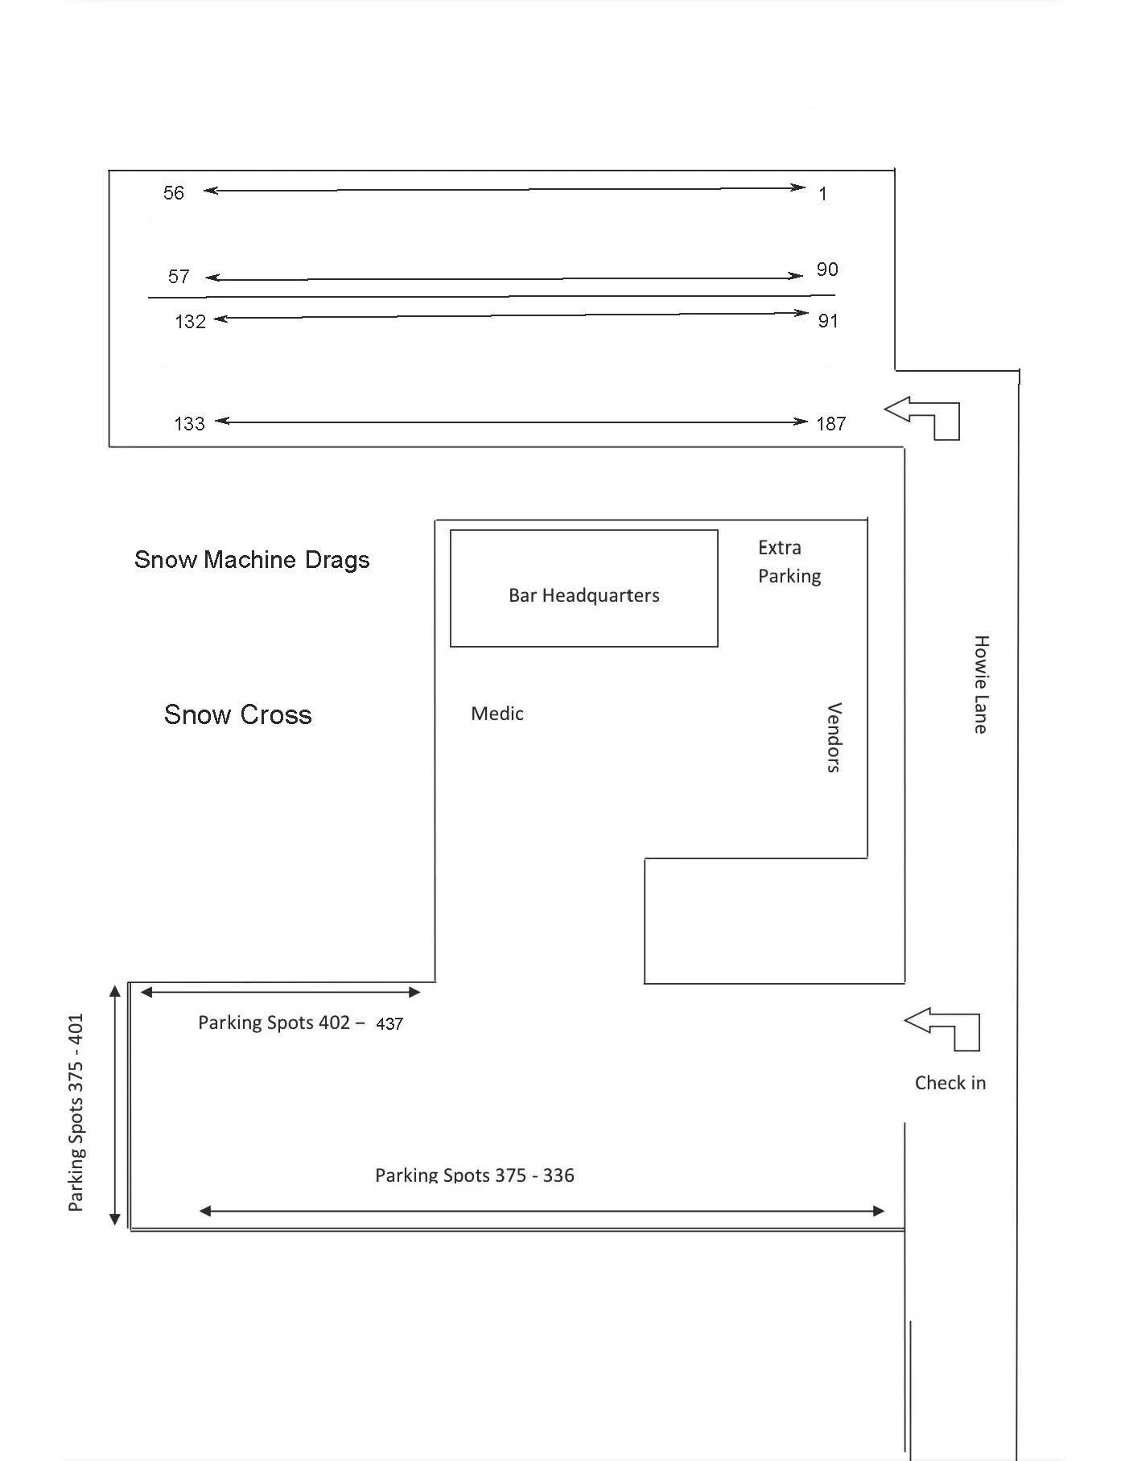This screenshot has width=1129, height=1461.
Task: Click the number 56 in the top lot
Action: click(x=174, y=193)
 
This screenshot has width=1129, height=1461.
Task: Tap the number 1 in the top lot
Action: click(x=822, y=194)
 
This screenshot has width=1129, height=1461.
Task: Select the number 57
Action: click(x=179, y=277)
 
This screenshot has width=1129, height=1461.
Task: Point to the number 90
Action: click(x=827, y=270)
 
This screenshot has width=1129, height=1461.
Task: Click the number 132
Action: click(x=191, y=322)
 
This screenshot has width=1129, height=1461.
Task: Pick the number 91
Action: click(x=828, y=321)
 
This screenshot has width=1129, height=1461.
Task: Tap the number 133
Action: click(x=190, y=424)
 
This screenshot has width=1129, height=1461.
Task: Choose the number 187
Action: click(x=830, y=424)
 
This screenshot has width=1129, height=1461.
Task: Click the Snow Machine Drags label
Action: click(x=252, y=560)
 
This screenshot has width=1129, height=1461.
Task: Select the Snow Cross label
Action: click(x=238, y=714)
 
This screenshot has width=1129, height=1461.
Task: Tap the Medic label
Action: click(x=497, y=714)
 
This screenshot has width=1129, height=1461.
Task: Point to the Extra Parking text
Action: click(x=789, y=562)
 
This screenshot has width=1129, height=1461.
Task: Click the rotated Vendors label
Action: click(x=834, y=737)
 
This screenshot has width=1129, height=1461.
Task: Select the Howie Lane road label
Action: click(x=981, y=684)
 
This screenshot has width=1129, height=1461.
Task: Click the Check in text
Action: click(x=950, y=1083)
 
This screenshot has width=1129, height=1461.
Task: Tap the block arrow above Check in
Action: click(x=946, y=1027)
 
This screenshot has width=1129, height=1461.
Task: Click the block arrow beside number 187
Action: click(x=925, y=416)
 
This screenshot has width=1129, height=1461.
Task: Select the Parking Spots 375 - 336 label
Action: click(x=475, y=1175)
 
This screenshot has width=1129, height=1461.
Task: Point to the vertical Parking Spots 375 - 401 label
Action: click(x=76, y=1112)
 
